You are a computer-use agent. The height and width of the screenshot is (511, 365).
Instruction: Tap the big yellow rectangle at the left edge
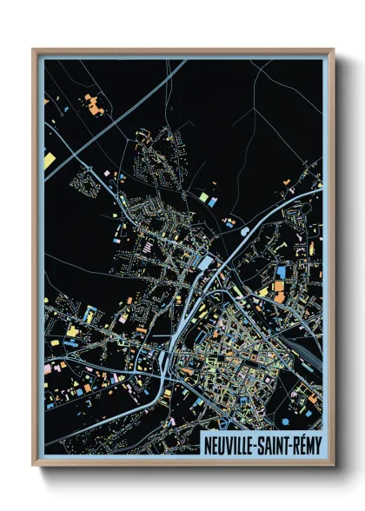[x=50, y=161]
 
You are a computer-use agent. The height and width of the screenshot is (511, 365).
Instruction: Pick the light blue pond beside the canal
[x=244, y=231]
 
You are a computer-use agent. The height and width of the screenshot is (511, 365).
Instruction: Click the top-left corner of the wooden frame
[x=34, y=50]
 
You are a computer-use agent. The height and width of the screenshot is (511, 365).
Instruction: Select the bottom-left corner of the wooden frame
[x=34, y=465]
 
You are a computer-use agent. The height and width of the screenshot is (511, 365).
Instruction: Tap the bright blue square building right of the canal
[x=280, y=273]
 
